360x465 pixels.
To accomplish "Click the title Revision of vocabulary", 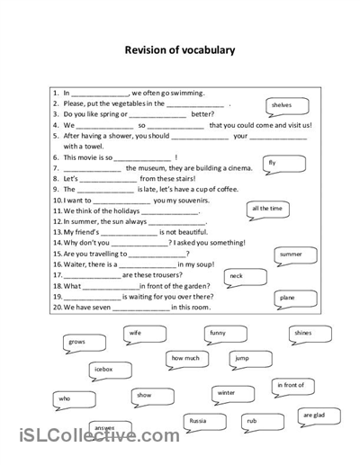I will tap(179, 50).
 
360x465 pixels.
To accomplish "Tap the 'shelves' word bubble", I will tap(281, 105).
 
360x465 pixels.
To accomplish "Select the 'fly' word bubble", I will tap(273, 163).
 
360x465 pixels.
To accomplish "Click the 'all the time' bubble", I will tap(267, 209).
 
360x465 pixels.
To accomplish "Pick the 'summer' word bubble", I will tap(291, 255).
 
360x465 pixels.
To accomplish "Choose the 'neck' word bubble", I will tap(236, 276).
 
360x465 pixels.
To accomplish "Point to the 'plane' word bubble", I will tap(287, 298).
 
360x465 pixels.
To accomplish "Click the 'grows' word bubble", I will tap(77, 343).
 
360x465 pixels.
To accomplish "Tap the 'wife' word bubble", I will tap(135, 334).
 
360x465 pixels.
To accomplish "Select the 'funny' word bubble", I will tap(217, 334).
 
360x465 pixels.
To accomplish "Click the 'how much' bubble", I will tap(185, 358).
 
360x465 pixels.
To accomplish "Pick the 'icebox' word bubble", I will tap(103, 370).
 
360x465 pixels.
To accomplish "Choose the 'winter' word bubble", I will tap(226, 393).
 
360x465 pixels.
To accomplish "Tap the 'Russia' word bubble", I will tap(196, 420).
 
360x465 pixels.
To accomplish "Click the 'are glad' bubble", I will tap(314, 416).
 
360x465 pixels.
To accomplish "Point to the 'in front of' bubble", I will tap(290, 385).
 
